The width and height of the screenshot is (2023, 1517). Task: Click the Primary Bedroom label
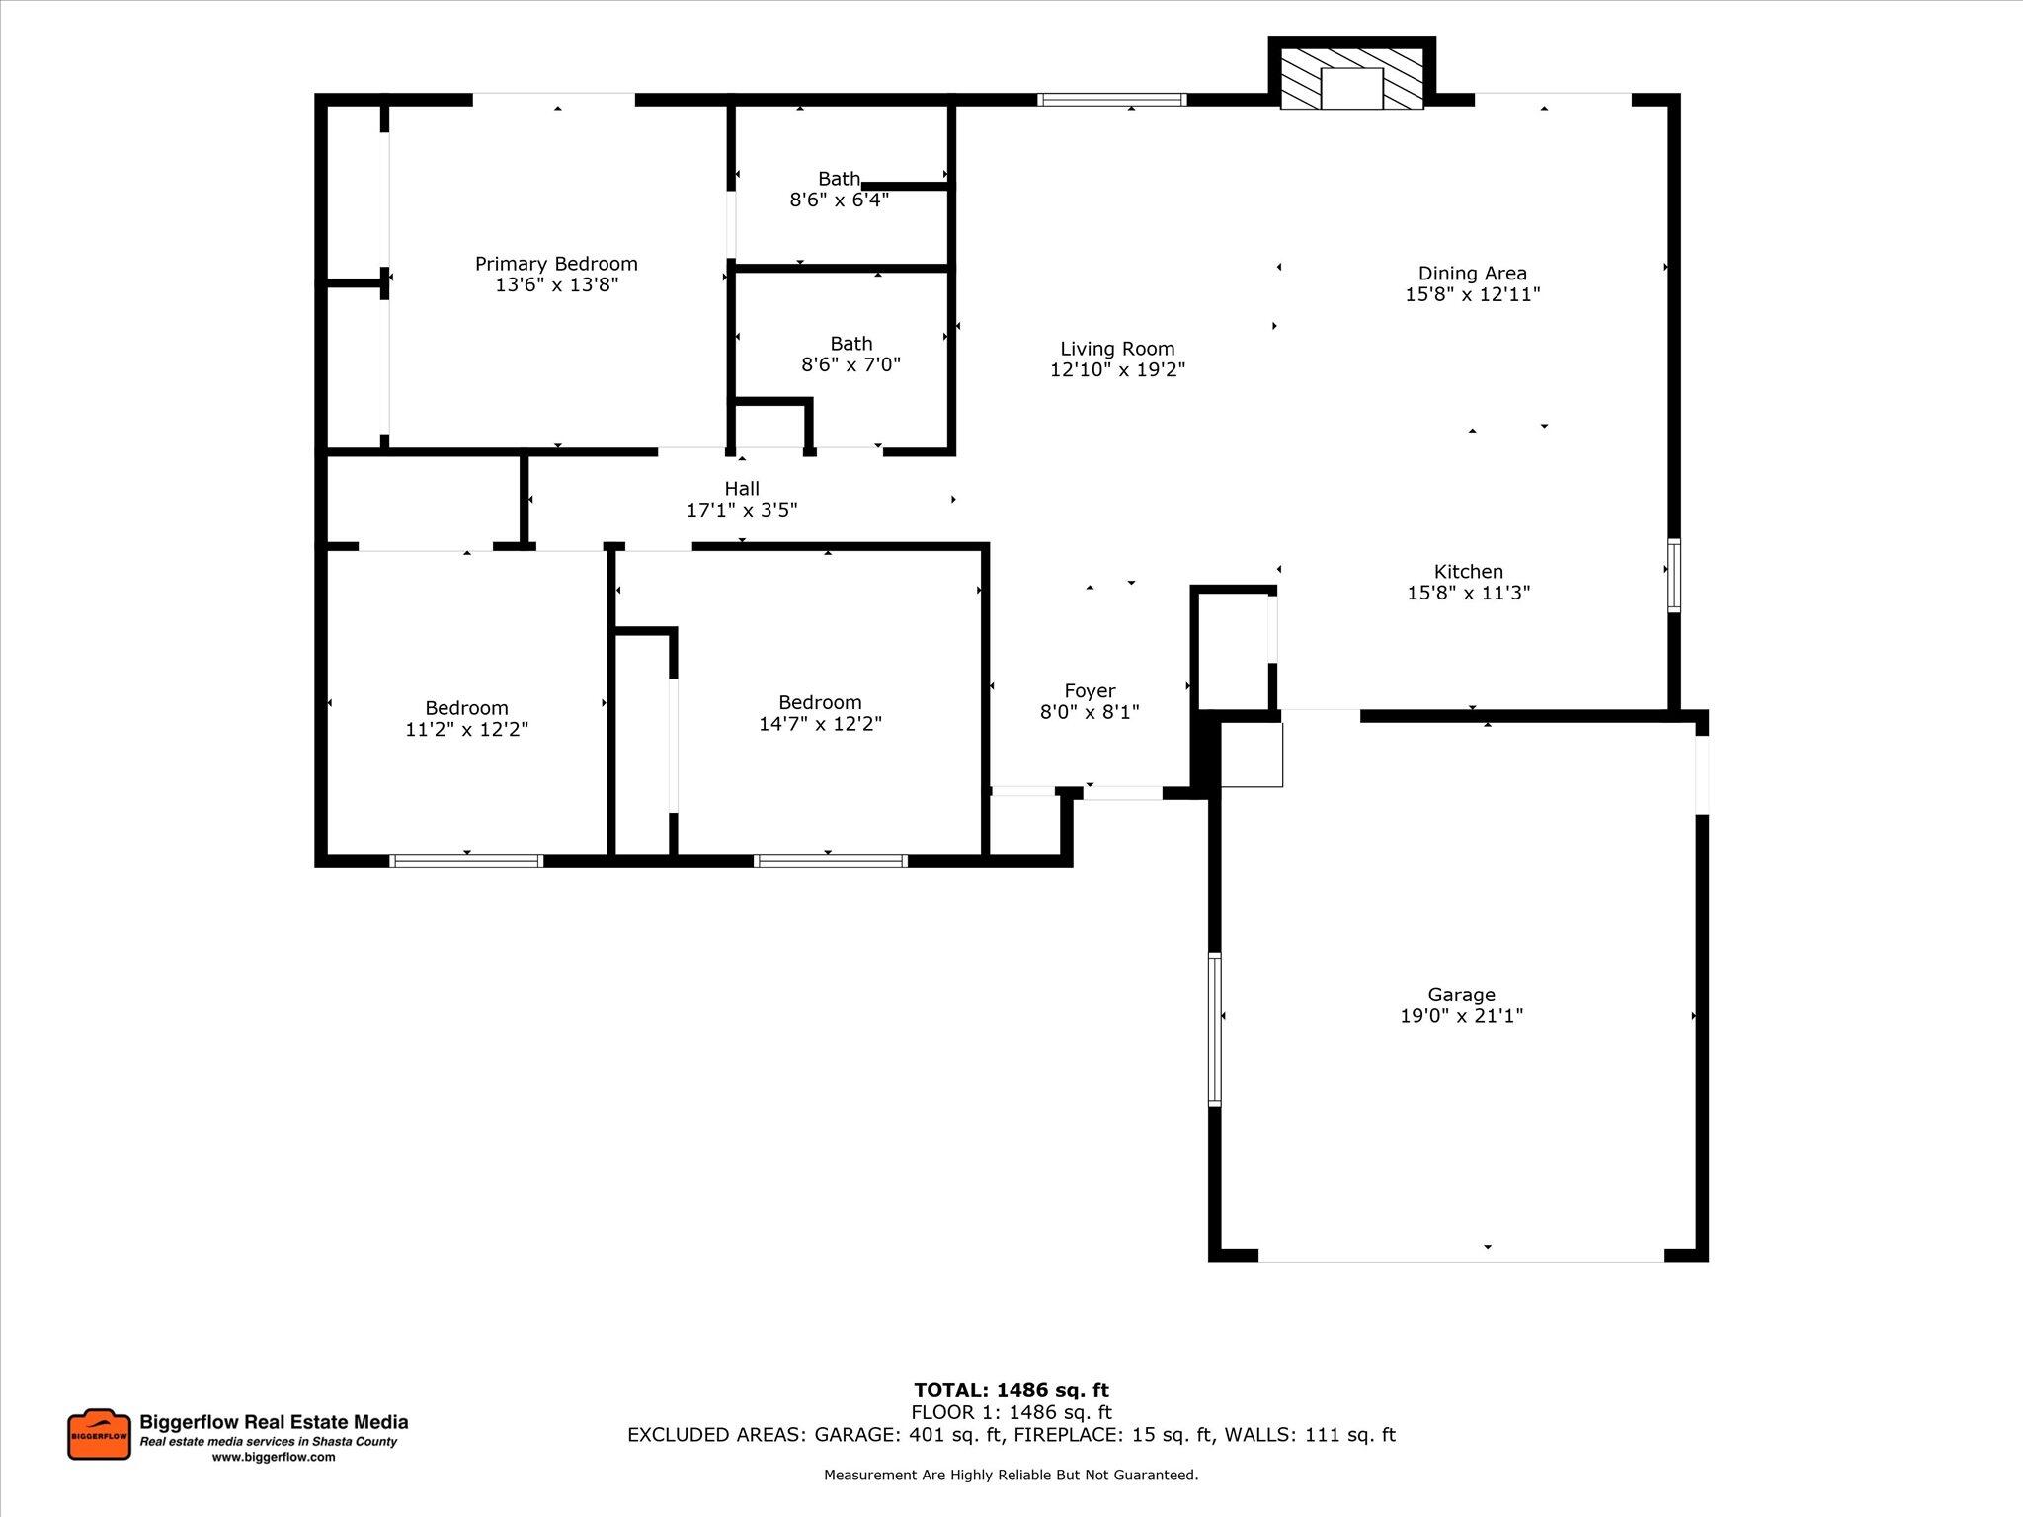point(556,264)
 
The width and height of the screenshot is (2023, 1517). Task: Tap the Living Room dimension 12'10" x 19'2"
point(1117,370)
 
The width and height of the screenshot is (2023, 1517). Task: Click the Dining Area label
point(1472,274)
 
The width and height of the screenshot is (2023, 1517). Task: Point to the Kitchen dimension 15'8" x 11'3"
point(1468,593)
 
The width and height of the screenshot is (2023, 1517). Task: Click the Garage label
point(1461,995)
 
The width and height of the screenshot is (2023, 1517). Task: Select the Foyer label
point(1090,691)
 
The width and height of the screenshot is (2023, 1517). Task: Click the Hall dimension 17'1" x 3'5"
point(742,511)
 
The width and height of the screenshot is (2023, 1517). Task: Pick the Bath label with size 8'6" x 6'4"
point(839,179)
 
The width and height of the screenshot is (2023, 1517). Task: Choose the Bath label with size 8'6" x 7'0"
point(850,344)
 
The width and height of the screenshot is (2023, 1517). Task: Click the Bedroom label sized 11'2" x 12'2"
point(466,708)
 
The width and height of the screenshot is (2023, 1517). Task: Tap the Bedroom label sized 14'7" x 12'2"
point(820,702)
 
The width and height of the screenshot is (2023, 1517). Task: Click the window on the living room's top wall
point(1111,99)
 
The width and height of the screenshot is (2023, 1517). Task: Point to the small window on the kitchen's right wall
point(1673,574)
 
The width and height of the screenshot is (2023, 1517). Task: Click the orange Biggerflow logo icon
point(99,1434)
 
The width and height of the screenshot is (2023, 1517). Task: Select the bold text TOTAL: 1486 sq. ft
point(1011,1391)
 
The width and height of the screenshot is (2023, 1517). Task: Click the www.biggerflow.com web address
point(274,1457)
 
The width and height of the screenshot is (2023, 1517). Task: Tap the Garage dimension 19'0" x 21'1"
point(1461,1016)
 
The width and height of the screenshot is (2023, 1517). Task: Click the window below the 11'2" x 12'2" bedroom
point(466,861)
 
